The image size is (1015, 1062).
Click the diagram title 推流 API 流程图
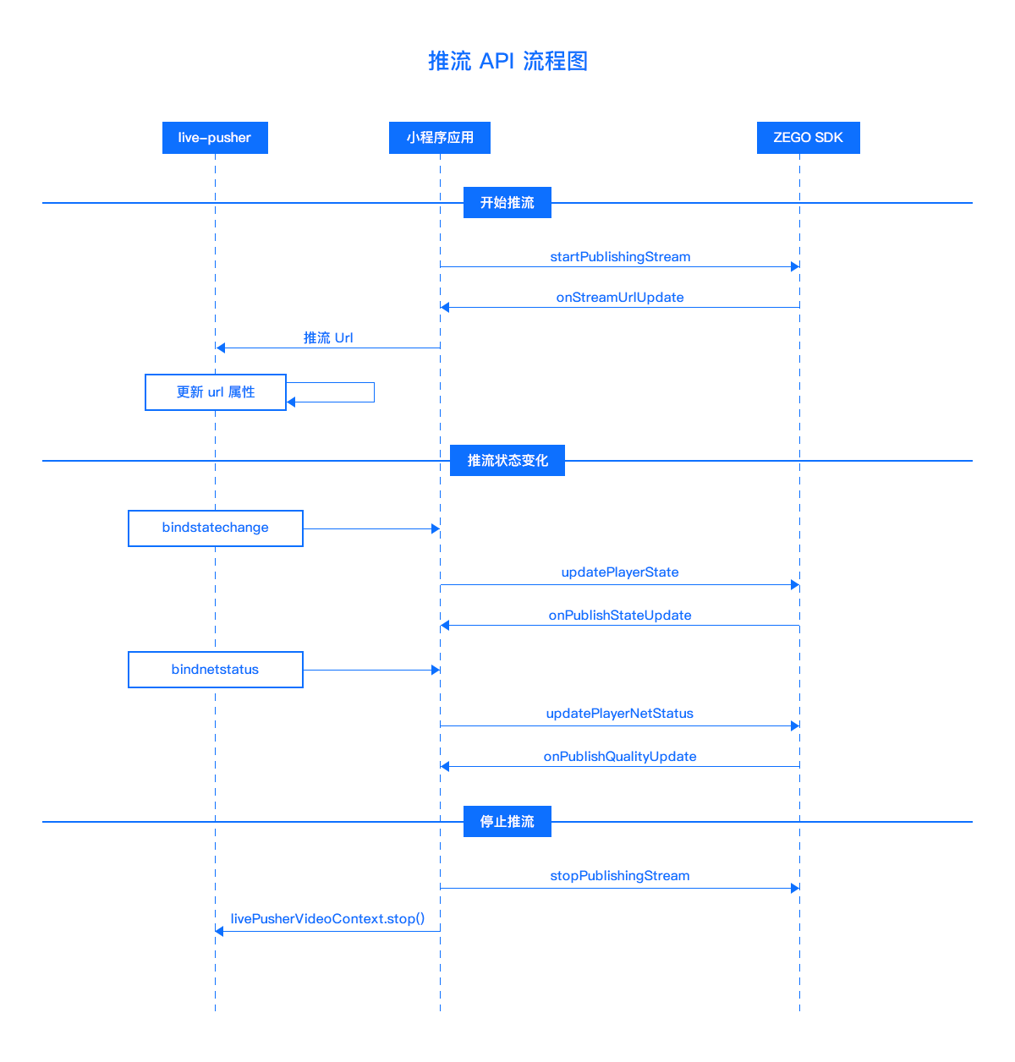point(507,61)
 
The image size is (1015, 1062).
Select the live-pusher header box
point(215,138)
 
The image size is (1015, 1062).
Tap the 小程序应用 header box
point(440,138)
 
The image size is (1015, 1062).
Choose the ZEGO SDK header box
point(808,138)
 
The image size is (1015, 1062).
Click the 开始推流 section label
point(507,202)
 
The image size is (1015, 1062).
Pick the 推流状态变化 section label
point(507,461)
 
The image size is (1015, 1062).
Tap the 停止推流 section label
point(507,821)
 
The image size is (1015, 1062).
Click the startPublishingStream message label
point(620,257)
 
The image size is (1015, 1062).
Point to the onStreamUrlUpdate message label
point(620,298)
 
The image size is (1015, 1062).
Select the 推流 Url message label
point(328,338)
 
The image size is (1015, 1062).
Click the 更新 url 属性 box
point(215,392)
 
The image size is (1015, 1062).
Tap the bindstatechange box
point(215,528)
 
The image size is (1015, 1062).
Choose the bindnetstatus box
point(215,670)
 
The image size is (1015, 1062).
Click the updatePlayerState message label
point(620,572)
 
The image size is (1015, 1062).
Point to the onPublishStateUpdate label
point(620,616)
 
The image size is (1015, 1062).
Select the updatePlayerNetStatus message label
point(620,714)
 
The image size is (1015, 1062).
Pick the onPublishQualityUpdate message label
point(620,757)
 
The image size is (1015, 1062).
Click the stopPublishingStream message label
point(620,876)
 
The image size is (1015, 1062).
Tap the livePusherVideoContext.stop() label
point(327,919)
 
